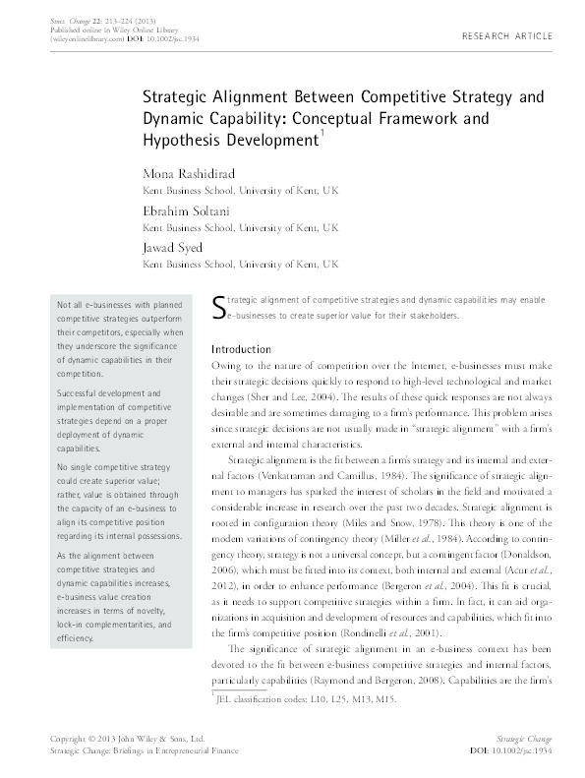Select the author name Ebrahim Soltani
tap(183, 211)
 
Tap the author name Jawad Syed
tap(175, 249)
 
